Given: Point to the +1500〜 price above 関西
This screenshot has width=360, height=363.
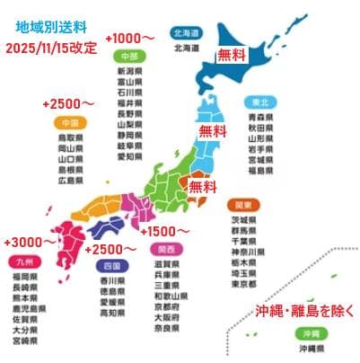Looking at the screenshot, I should (x=164, y=231).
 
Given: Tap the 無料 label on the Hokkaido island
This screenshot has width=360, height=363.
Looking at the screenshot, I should (x=231, y=55).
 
